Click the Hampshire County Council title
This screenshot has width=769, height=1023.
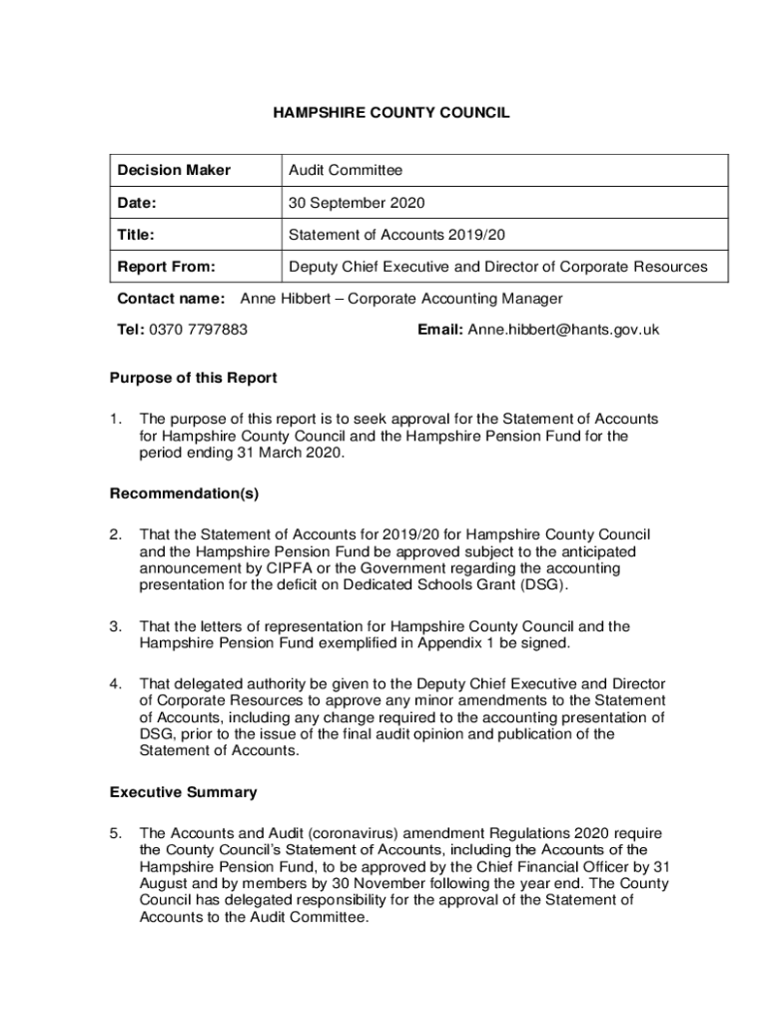click(x=391, y=113)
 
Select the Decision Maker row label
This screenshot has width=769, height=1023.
click(x=174, y=171)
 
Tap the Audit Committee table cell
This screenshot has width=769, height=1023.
click(x=346, y=171)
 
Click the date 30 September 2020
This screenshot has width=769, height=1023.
click(x=357, y=203)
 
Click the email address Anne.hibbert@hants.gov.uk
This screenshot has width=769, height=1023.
click(x=563, y=330)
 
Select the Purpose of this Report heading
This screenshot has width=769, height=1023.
click(x=193, y=378)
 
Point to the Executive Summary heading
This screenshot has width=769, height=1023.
click(x=183, y=792)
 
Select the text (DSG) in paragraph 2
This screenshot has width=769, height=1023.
click(x=545, y=584)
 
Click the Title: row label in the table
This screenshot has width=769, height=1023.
click(x=137, y=235)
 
